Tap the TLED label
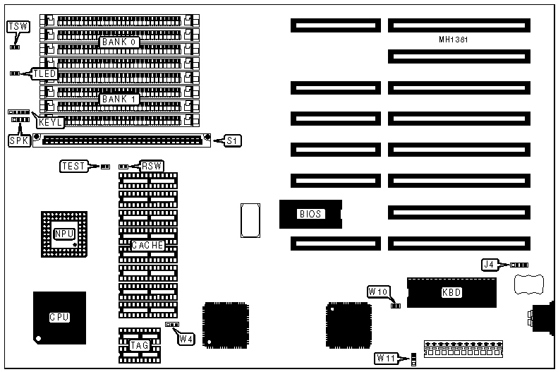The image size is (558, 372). coord(44,73)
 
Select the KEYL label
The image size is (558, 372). coord(51,122)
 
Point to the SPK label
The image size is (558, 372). coord(18,140)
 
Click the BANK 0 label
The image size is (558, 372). coord(119,42)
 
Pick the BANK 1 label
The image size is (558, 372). coord(119,100)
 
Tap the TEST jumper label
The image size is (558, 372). coord(73,166)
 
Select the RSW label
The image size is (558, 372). coord(152,166)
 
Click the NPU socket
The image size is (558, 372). coord(62,234)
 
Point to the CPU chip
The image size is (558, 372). coord(59,317)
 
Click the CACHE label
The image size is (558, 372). coord(148,246)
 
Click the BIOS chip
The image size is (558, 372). coord(310,214)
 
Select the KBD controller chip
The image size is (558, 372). coord(451,292)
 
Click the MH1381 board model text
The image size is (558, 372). coord(453,40)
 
